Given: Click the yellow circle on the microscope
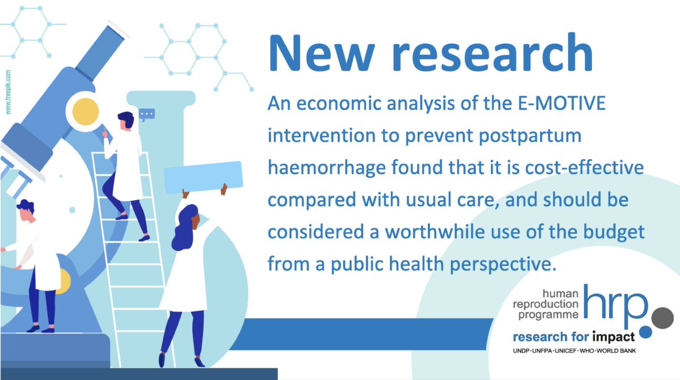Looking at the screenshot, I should tap(83, 110).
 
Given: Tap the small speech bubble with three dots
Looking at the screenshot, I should tap(147, 114).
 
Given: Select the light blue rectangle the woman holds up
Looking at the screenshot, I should tap(203, 176).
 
